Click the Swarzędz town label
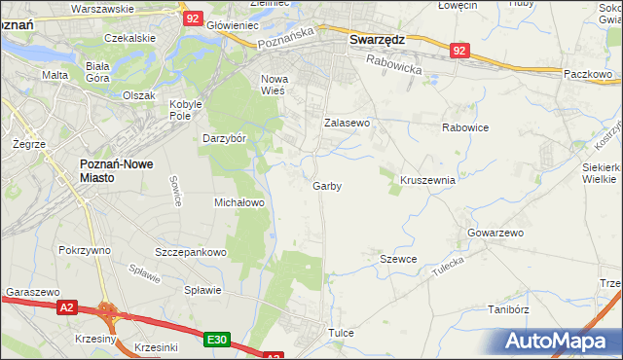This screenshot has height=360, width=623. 377,40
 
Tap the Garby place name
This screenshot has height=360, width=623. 327,186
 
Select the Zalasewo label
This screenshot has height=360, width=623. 347,124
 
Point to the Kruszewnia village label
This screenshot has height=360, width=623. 427,180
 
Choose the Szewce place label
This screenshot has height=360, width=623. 398,259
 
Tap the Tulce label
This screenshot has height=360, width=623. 341,333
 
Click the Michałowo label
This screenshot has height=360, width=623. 239,202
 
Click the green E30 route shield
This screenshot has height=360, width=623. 217,340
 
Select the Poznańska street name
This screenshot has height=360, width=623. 282,45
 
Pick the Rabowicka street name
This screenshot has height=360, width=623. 394,64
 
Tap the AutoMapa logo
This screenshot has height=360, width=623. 559,341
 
